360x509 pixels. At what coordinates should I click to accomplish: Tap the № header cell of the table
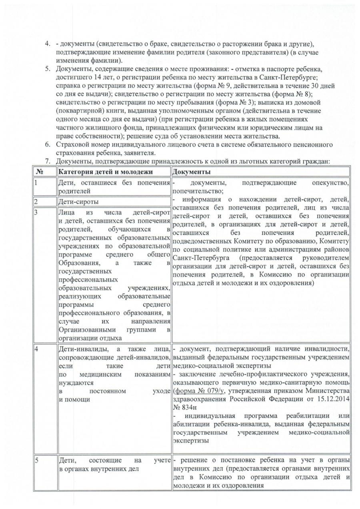point(39,172)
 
